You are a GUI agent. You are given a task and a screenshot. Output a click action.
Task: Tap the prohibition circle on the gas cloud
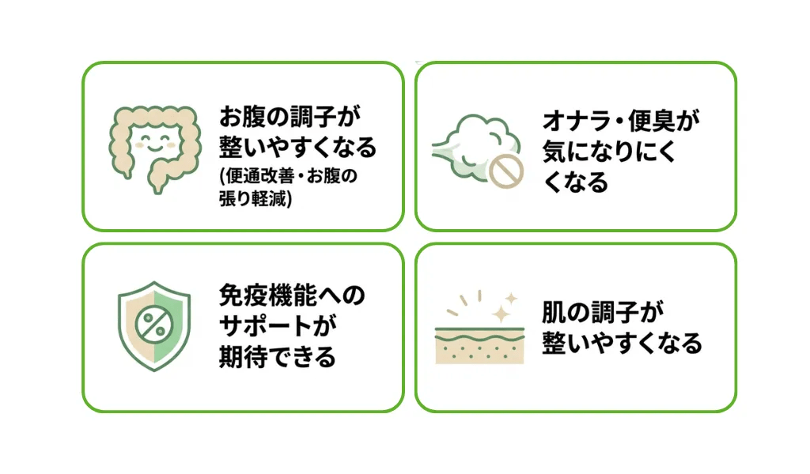(505, 171)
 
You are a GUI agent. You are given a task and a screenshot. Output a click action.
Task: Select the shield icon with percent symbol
(154, 325)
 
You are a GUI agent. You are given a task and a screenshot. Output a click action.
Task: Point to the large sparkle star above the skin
(501, 314)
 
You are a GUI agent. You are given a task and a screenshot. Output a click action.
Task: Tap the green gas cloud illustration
(476, 147)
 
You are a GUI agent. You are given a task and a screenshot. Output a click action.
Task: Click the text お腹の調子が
(290, 117)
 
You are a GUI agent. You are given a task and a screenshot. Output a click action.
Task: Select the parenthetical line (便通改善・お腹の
(289, 176)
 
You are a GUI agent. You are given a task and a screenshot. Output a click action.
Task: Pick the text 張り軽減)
(255, 198)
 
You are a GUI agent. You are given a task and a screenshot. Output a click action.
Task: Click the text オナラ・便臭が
(621, 121)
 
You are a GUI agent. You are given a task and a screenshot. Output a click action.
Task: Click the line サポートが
(278, 326)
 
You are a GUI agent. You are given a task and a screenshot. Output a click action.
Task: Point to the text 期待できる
(278, 357)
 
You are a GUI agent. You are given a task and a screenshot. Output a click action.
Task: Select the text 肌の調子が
(603, 312)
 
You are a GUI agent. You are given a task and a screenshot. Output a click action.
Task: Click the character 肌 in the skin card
(555, 312)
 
